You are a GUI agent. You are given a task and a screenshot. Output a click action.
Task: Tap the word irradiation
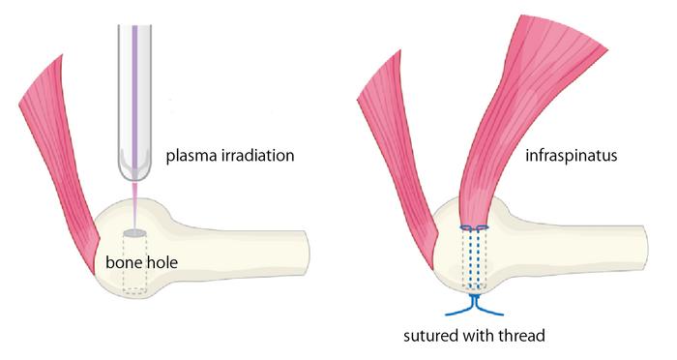click(258, 156)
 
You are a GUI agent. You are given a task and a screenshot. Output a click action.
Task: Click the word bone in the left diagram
click(125, 262)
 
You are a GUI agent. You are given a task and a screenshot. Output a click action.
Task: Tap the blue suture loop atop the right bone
click(474, 228)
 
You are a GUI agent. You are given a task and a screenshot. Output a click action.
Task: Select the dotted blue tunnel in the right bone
click(474, 261)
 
